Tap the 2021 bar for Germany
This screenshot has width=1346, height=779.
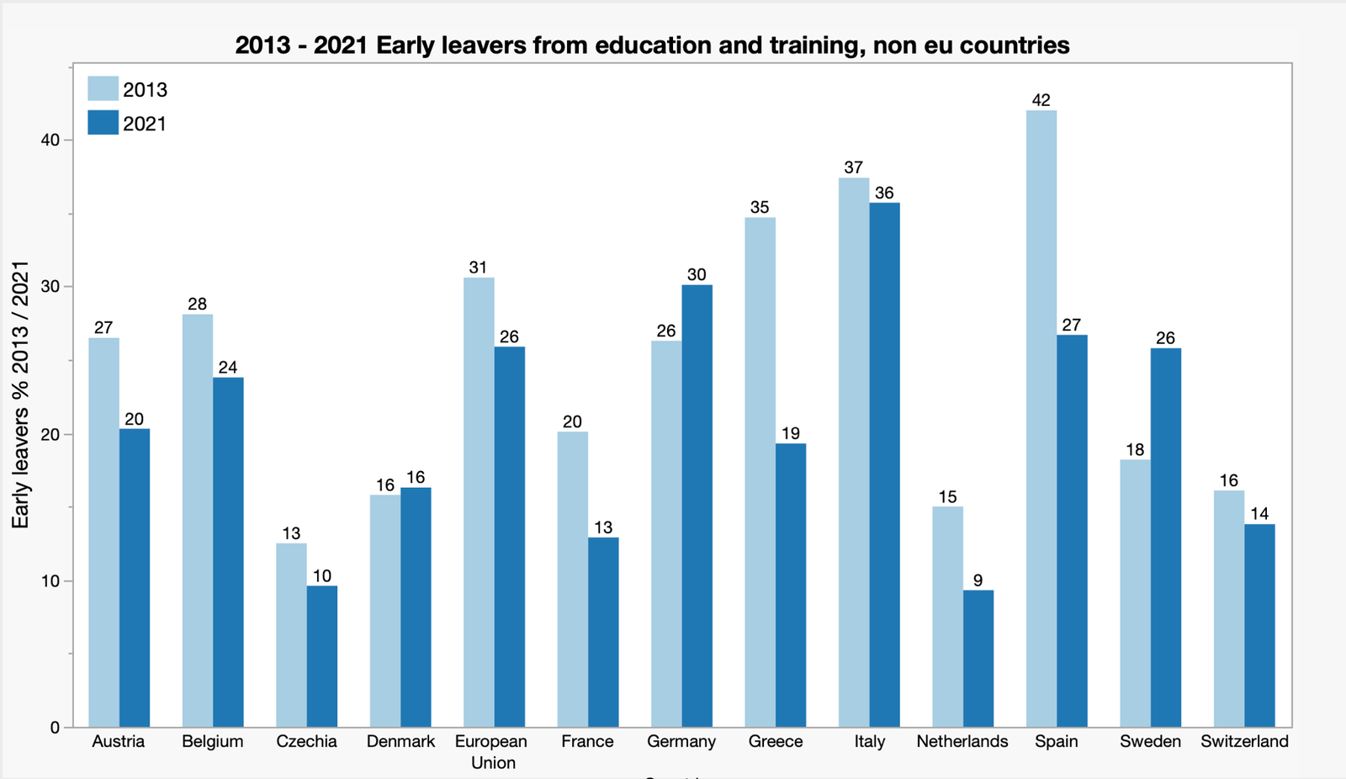point(697,506)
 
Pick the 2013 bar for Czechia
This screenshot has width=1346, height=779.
point(291,635)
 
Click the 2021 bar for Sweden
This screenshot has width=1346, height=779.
point(1166,538)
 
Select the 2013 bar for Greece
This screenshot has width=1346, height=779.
point(760,472)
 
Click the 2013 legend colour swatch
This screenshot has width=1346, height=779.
point(103,89)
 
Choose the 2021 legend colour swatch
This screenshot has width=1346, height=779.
point(103,124)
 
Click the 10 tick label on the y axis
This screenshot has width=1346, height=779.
point(50,581)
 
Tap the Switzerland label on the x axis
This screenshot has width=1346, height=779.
point(1244,741)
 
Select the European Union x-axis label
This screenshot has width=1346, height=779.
point(492,751)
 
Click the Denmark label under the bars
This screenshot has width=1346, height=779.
point(400,741)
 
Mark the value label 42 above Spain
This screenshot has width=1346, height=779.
point(1041,100)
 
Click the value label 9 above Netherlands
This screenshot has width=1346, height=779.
point(978,580)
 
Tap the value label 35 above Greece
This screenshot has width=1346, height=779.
point(760,207)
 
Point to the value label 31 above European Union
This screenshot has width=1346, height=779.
point(478,268)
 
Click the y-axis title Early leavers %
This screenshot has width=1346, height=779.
point(20,395)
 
